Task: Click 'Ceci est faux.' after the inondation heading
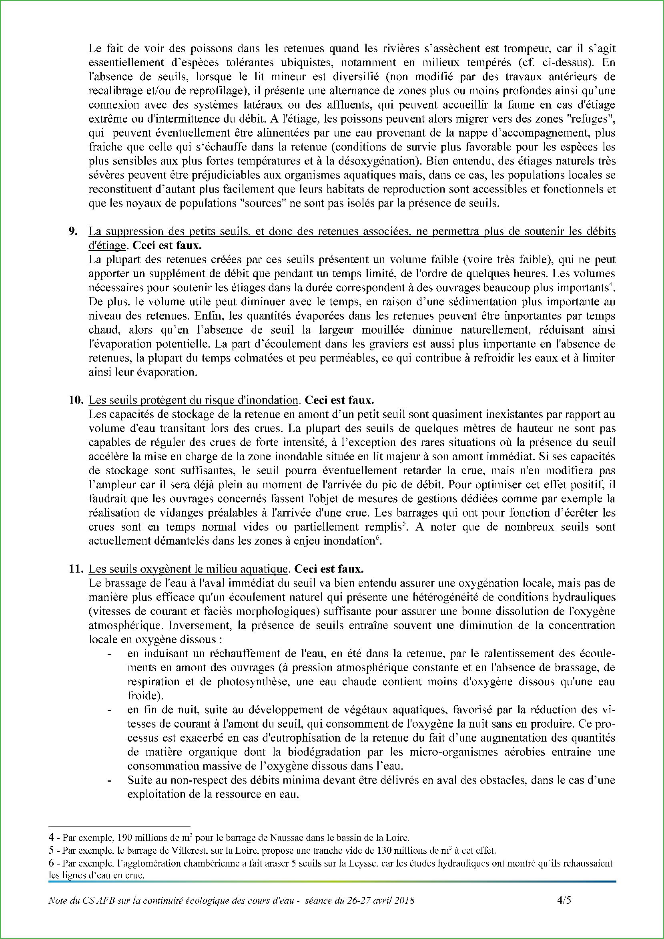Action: pos(339,400)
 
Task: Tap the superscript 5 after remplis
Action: pos(404,524)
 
